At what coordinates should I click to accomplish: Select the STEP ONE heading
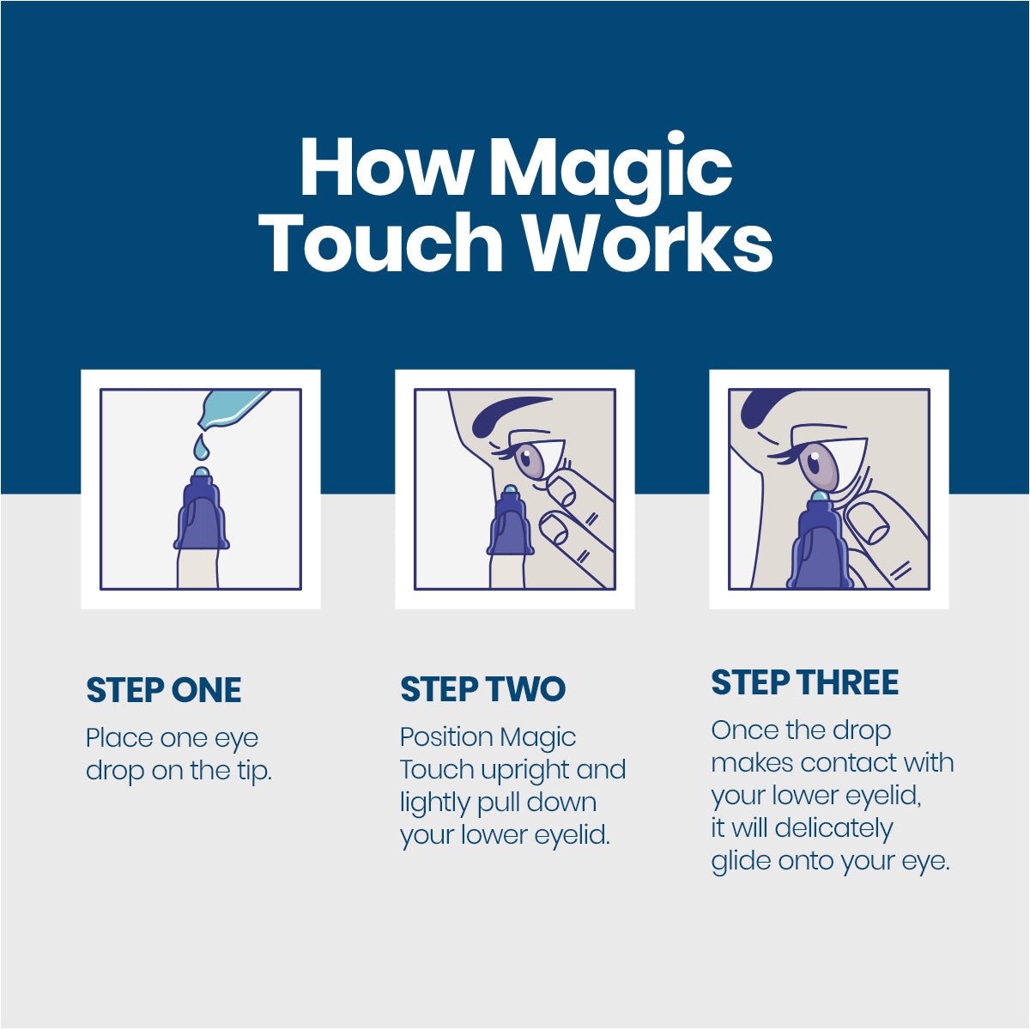(163, 691)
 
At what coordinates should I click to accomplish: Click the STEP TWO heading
(482, 689)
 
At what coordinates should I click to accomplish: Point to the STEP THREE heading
(804, 683)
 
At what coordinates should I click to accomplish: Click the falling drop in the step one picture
(200, 446)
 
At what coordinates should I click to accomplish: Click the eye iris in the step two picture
(533, 460)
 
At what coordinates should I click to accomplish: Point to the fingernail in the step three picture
(869, 522)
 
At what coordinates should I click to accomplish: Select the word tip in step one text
(253, 771)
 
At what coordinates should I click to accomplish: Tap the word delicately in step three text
(833, 828)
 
